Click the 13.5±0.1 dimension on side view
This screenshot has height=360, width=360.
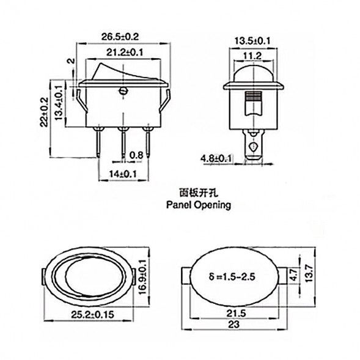click(253, 41)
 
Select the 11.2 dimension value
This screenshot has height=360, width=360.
click(253, 56)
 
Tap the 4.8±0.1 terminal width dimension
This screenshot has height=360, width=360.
click(216, 159)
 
